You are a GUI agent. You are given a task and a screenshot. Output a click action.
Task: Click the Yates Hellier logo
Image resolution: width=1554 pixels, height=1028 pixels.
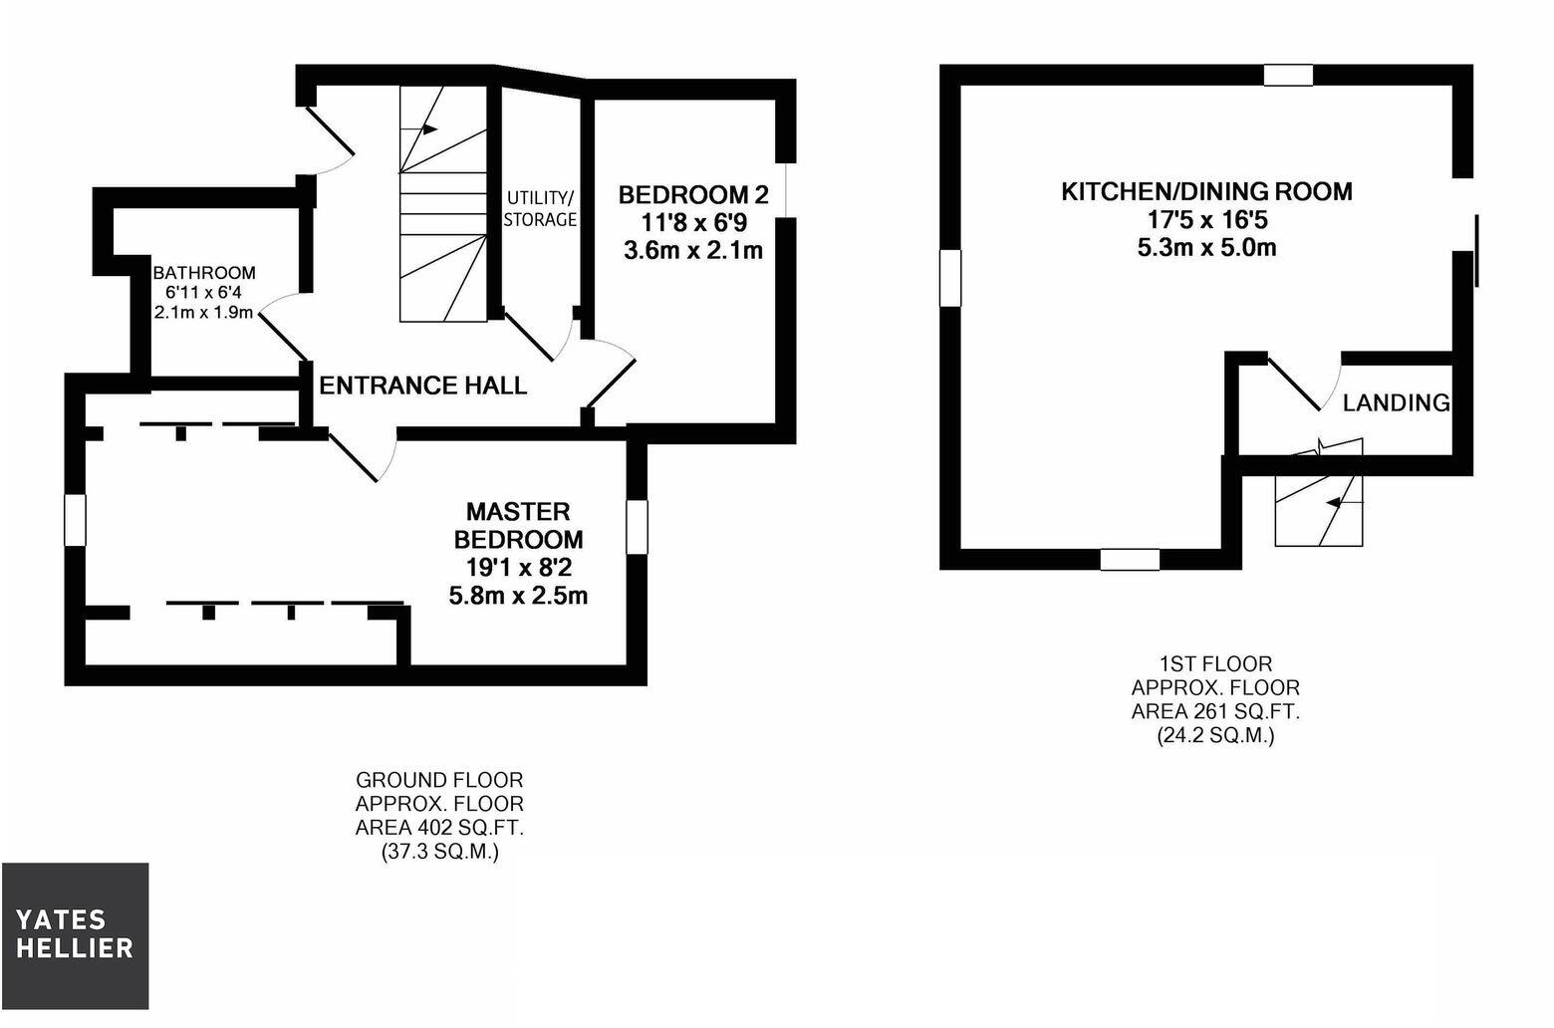(x=75, y=934)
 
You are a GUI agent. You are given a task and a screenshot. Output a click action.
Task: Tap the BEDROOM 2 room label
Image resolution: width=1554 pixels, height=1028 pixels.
(x=693, y=193)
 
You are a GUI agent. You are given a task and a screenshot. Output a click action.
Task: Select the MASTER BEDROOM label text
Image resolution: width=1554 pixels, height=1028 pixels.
(x=518, y=525)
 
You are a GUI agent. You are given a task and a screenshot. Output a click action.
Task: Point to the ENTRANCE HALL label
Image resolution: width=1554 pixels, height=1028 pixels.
(x=422, y=385)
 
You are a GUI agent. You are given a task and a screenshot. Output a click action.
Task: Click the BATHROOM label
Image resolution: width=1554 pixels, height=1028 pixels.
(x=204, y=273)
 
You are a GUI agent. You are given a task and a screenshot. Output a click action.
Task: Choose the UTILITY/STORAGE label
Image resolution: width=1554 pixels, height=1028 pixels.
(x=540, y=208)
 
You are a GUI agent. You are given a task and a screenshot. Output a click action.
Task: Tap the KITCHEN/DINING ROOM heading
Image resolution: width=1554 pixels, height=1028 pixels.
(x=1206, y=190)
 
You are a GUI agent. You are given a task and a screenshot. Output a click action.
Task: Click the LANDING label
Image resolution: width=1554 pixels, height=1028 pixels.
(x=1396, y=402)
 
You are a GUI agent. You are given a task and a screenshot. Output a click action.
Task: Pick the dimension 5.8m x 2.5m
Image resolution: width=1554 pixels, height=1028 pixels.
(x=518, y=596)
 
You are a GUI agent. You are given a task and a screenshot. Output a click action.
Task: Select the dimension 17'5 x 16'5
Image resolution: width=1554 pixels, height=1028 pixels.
(x=1206, y=219)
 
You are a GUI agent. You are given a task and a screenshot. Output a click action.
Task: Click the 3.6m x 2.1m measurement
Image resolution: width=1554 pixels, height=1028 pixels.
(x=693, y=250)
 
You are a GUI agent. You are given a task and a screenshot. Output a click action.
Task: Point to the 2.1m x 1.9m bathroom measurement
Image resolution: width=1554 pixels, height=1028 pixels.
(x=204, y=312)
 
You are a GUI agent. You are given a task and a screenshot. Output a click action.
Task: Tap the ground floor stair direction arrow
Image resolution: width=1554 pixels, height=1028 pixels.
(x=430, y=128)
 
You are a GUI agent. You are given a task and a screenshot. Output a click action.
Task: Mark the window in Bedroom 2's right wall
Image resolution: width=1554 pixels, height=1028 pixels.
(x=786, y=189)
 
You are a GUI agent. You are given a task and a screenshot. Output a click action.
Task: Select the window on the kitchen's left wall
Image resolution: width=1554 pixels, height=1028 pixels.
(x=951, y=278)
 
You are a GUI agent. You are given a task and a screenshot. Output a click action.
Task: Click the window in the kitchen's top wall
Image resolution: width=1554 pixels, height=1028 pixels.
(x=1289, y=75)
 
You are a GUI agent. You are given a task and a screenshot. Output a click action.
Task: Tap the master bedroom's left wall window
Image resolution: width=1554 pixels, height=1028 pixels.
(x=75, y=520)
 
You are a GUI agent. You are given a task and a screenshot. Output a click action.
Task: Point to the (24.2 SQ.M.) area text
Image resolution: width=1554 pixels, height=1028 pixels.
(x=1215, y=736)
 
